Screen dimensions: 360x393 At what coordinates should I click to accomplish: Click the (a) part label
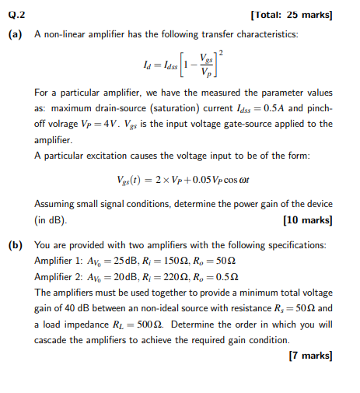[16, 36]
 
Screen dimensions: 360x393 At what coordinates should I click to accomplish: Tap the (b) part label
[16, 244]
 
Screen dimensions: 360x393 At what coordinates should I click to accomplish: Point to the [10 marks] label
[310, 219]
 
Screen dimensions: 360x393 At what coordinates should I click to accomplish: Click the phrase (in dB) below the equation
[51, 220]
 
